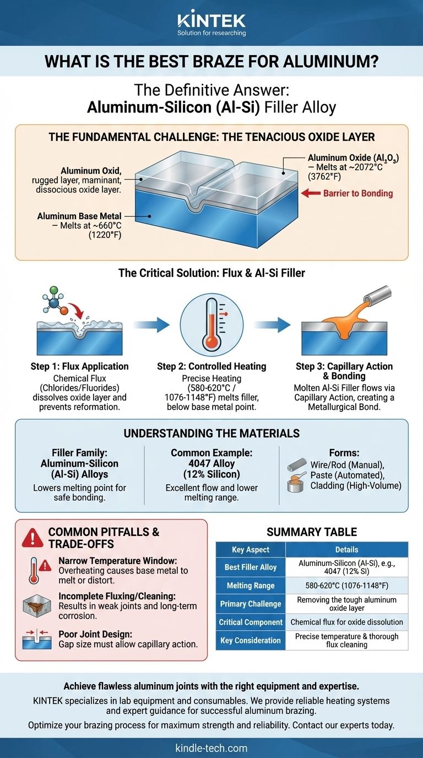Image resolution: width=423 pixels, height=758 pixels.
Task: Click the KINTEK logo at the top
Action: coord(211,21)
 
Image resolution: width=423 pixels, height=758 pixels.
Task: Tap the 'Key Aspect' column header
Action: coord(250,549)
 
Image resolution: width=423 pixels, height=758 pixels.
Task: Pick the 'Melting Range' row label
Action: coord(250,586)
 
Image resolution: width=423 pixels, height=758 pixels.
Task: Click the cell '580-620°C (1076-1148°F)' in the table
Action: coord(346,586)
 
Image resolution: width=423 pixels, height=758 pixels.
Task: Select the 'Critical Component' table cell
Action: coord(250,622)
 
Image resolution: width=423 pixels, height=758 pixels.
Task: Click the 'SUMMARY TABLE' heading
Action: coord(311,532)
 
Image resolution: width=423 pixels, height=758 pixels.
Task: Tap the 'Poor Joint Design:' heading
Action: coord(92,634)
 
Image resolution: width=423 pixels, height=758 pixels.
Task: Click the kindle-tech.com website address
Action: coord(211,748)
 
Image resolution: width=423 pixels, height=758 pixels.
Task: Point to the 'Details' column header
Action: coord(346,549)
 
